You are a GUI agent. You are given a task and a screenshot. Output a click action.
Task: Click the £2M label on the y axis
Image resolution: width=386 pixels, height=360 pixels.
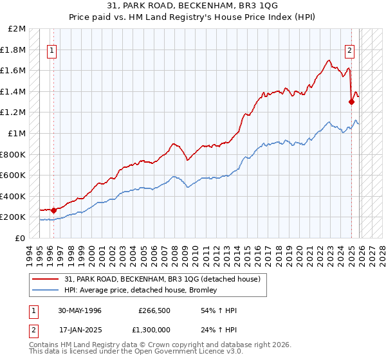[17, 29]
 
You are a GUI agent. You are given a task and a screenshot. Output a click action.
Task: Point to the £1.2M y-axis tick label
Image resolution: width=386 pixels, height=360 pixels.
[14, 113]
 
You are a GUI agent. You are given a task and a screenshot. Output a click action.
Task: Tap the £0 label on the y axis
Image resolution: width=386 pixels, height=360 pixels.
[20, 238]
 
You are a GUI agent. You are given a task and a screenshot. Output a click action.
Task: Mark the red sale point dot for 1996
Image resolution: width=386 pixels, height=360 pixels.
[53, 210]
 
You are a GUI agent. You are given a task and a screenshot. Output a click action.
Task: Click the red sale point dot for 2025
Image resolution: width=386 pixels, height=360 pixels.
[351, 102]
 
